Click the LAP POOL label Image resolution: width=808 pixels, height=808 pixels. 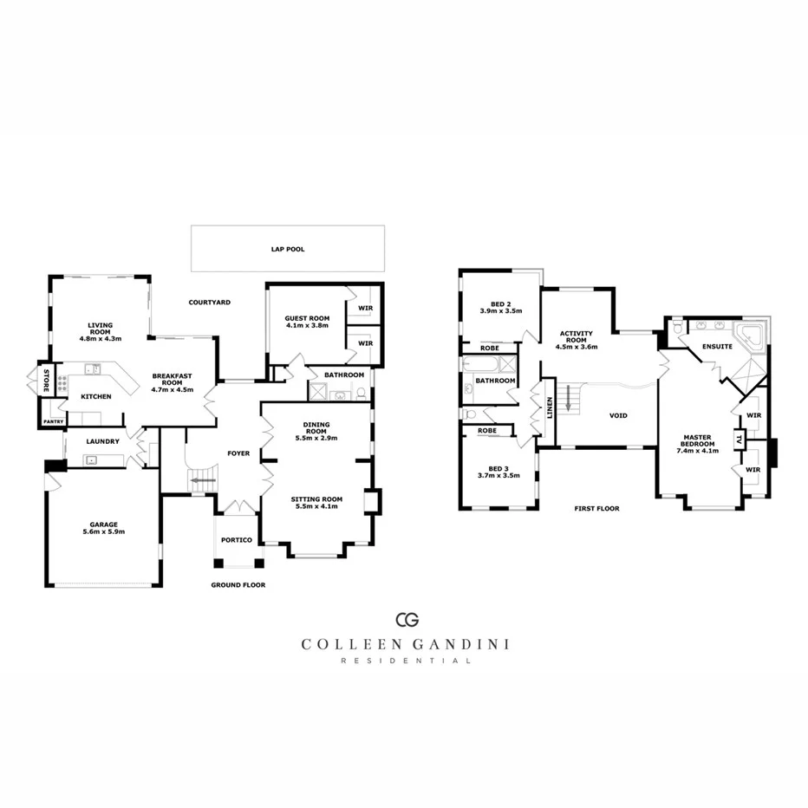point(288,249)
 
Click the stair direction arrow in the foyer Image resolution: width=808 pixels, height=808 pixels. point(204,479)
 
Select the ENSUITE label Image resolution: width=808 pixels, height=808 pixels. point(718,347)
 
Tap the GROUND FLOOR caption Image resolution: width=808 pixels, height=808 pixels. point(238,585)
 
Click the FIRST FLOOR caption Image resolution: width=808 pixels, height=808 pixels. point(596,509)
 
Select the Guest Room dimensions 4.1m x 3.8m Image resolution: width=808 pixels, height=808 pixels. point(308,326)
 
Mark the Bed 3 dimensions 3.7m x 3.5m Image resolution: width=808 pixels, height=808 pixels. point(498,475)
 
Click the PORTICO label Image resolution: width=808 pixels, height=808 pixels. point(237,540)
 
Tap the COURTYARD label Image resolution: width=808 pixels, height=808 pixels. point(209,302)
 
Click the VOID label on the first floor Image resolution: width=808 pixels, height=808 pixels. point(618,415)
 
